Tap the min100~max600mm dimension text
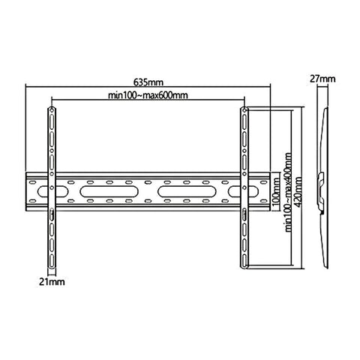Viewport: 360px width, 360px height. [x=147, y=95]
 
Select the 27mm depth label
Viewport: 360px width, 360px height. [x=324, y=78]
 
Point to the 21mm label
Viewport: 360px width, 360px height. [x=51, y=282]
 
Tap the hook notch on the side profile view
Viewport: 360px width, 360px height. [x=322, y=180]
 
